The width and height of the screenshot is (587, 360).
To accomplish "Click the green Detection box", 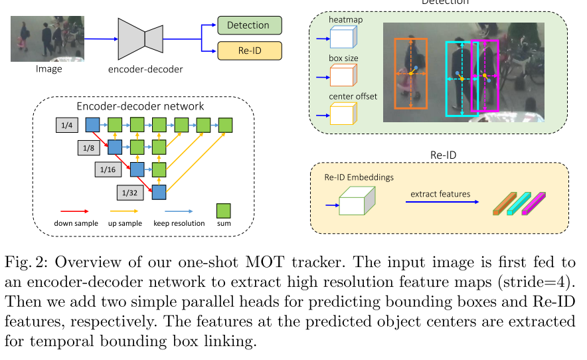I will click(x=249, y=25).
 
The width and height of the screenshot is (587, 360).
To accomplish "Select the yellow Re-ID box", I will click(x=249, y=50).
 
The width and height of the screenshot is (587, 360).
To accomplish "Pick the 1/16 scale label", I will click(x=108, y=169).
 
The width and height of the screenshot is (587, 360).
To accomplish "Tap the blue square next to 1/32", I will click(x=159, y=193).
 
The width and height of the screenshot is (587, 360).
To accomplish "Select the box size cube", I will click(x=343, y=76).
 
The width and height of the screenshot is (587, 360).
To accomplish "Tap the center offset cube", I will click(x=343, y=114).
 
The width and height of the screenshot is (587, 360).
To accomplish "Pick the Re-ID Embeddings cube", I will click(x=357, y=201).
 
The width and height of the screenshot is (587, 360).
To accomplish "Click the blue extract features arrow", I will click(x=440, y=201).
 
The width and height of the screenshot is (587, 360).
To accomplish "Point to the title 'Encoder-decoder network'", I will click(x=140, y=106).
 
